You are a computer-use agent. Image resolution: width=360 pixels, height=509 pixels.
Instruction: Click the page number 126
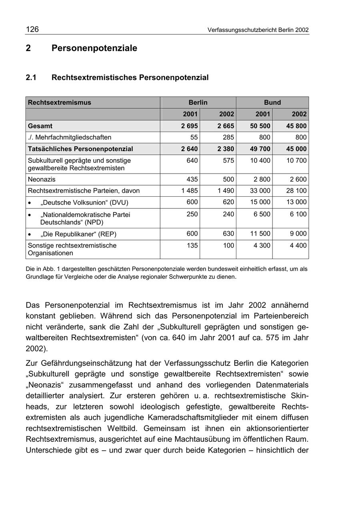coord(32,29)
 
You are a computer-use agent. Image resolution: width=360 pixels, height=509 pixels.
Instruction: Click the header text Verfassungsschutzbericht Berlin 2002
coord(258,30)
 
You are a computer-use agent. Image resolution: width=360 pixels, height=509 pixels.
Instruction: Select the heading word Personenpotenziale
coord(94,48)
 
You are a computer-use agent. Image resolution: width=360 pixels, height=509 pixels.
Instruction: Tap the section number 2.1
coord(31,78)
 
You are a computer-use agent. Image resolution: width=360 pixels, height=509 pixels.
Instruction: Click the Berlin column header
coord(198,102)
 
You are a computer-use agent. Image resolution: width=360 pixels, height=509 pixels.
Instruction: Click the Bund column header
coord(272,102)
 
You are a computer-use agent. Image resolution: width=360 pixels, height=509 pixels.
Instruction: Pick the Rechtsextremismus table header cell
coord(60,102)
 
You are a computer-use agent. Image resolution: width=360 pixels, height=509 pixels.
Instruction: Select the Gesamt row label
coord(40,126)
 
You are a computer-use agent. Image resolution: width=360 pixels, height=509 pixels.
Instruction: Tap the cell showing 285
coord(228,138)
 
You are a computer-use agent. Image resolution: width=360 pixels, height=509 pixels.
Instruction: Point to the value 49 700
coord(261,149)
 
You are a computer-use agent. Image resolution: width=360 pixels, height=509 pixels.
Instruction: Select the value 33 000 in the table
coord(261,191)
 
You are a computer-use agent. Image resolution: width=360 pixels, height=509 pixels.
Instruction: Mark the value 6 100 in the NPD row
coord(298,214)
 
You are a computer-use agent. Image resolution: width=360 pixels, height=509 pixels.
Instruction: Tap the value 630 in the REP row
coord(228,234)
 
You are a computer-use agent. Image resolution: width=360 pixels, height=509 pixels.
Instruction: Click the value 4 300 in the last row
coord(262,246)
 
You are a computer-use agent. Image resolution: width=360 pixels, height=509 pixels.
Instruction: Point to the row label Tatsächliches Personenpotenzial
coord(80,149)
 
